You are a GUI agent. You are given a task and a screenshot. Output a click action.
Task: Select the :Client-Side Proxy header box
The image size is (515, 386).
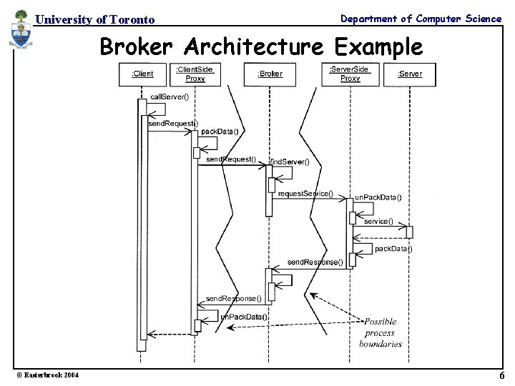click(195, 74)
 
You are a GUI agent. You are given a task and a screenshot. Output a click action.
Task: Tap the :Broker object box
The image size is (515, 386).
click(270, 74)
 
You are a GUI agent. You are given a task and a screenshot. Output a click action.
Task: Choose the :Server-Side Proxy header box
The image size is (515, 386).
click(350, 73)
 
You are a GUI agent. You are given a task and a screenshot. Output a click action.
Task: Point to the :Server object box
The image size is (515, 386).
click(410, 74)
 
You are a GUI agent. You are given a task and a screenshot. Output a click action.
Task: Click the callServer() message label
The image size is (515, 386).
click(169, 96)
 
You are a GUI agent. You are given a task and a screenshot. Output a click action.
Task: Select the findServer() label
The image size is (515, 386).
click(290, 162)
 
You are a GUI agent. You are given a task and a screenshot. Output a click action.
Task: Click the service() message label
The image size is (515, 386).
click(378, 222)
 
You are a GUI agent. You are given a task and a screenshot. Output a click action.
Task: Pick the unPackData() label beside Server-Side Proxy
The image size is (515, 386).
click(378, 198)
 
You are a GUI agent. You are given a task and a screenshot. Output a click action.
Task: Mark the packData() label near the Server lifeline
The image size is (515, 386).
click(393, 249)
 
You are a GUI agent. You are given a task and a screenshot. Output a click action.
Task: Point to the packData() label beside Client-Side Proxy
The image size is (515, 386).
click(220, 132)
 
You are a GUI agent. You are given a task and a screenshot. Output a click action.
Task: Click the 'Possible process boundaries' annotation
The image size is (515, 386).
click(380, 332)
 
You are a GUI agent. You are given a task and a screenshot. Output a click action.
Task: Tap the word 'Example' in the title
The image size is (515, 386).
click(378, 47)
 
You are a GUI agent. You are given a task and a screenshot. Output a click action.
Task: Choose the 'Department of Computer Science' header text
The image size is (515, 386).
click(421, 19)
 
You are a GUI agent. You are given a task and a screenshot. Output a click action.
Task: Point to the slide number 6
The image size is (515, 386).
click(502, 376)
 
